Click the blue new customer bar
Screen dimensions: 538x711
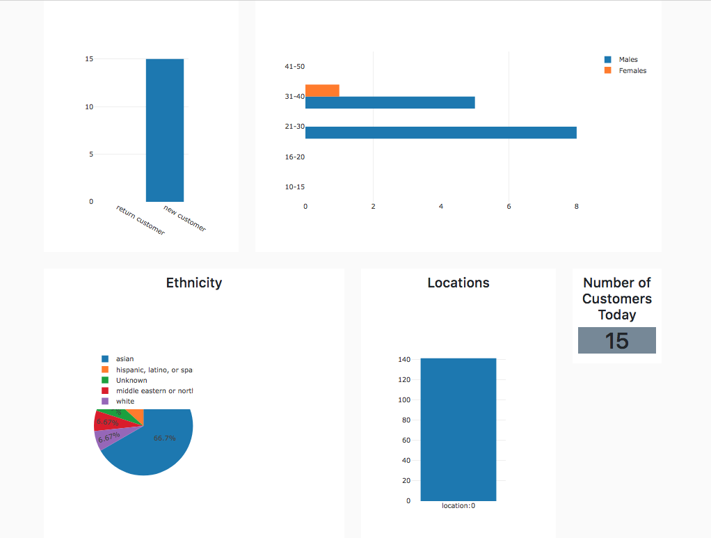165,130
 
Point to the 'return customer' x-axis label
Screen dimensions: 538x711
141,221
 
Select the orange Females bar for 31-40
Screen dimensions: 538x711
322,90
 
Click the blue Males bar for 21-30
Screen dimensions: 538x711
440,132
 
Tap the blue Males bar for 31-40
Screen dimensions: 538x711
390,102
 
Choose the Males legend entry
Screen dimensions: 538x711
628,60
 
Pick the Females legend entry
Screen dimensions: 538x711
632,71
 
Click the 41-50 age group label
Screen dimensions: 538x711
295,67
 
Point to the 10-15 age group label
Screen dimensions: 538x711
295,187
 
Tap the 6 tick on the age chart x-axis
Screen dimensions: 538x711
509,207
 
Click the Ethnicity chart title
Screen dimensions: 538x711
194,283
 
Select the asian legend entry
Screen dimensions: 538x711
125,359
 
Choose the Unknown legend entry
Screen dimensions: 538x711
131,381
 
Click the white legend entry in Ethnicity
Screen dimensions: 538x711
125,402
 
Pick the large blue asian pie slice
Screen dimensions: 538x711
157,445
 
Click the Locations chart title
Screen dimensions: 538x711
458,283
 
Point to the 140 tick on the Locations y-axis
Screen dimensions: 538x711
404,360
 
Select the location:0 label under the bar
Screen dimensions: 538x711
458,506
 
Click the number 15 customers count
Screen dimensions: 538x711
616,341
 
